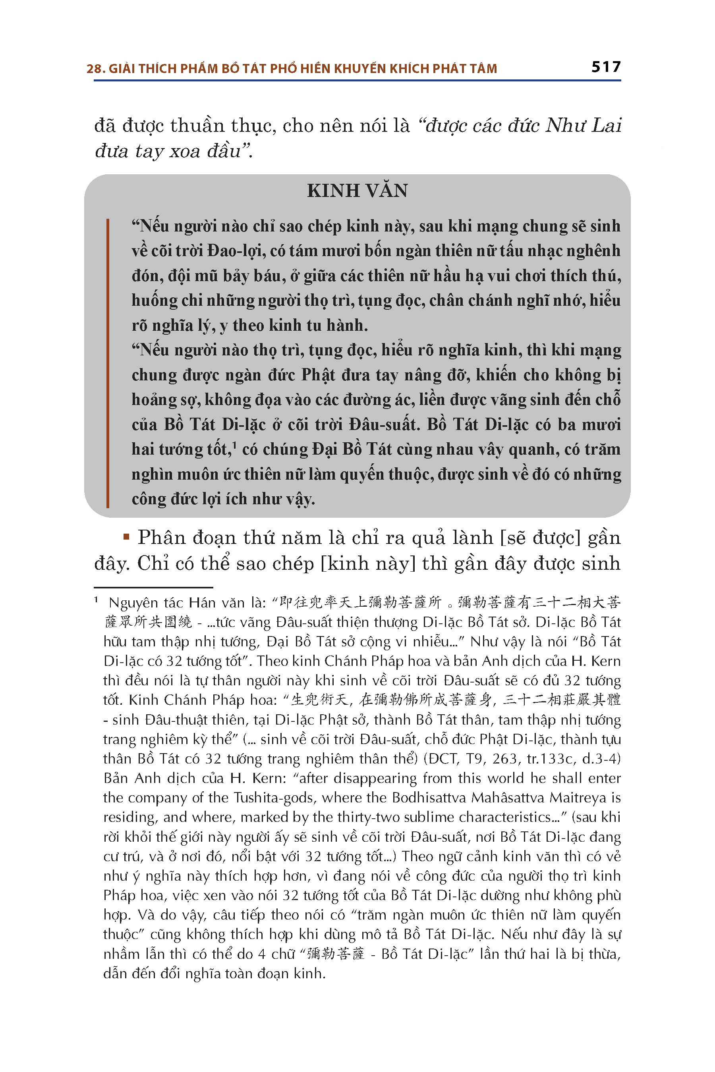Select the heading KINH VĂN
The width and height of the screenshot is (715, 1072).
pyautogui.click(x=357, y=191)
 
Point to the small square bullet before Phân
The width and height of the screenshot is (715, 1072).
pyautogui.click(x=127, y=537)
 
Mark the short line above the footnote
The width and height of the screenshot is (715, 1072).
pyautogui.click(x=153, y=588)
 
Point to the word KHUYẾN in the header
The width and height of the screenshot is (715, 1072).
pyautogui.click(x=360, y=69)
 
